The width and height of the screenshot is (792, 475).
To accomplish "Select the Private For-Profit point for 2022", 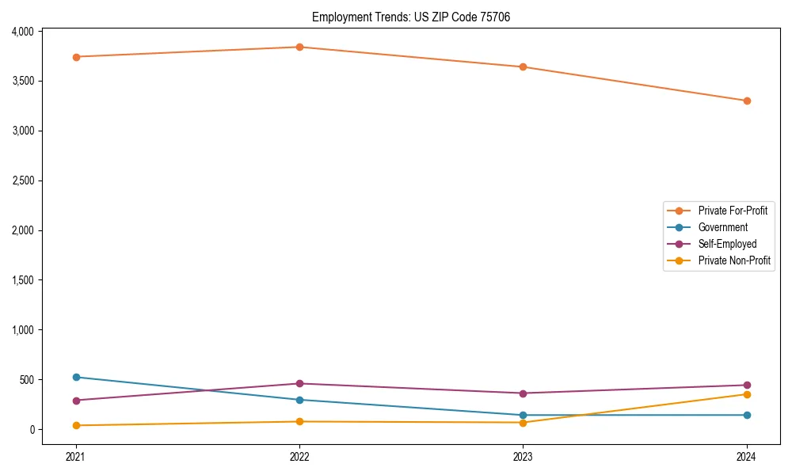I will click(299, 47).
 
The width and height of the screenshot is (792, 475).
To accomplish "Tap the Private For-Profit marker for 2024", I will click(747, 101).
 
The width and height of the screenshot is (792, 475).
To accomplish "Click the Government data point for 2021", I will click(76, 377).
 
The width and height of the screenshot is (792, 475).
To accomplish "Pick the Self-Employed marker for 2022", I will click(299, 383).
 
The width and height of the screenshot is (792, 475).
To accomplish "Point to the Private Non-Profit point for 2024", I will click(747, 394).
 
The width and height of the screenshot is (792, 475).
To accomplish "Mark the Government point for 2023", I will click(523, 415).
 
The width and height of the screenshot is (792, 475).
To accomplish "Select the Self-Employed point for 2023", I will click(523, 393).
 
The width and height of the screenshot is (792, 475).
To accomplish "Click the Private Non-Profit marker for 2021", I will click(76, 425).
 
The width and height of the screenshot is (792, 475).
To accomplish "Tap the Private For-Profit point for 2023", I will click(523, 66).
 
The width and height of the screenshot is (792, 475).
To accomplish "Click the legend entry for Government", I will click(722, 227).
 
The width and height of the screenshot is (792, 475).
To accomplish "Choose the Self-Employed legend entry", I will click(727, 244).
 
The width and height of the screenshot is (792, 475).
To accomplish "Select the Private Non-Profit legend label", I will click(734, 260).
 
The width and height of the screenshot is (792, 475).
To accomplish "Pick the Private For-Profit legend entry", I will click(733, 211).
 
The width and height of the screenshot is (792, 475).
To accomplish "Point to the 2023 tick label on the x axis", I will click(523, 456).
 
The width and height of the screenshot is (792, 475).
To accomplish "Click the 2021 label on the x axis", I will click(76, 456).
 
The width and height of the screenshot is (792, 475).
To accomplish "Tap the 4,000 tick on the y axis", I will click(23, 32).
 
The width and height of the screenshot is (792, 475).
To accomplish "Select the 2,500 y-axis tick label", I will click(23, 180).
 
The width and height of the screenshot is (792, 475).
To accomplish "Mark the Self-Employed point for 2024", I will click(747, 385).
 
